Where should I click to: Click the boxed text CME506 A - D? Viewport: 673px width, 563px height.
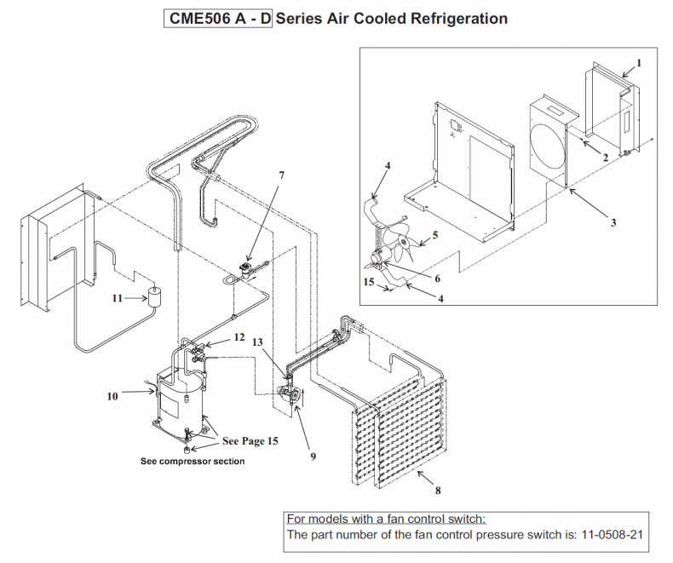pos(216,19)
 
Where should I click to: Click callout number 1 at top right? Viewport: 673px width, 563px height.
pos(639,62)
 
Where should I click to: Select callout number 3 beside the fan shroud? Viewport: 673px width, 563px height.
pos(613,223)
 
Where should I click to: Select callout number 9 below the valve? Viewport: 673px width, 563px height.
pos(313,456)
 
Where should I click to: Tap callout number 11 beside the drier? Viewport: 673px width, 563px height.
pos(118,297)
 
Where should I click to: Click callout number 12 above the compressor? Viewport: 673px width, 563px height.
pos(239,338)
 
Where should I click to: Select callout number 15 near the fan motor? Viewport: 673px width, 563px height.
pos(368,280)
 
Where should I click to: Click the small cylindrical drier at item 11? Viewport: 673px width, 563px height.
pos(154,297)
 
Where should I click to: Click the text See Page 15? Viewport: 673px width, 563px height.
pos(250,441)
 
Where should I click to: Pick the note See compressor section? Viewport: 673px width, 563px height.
pos(193,462)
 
